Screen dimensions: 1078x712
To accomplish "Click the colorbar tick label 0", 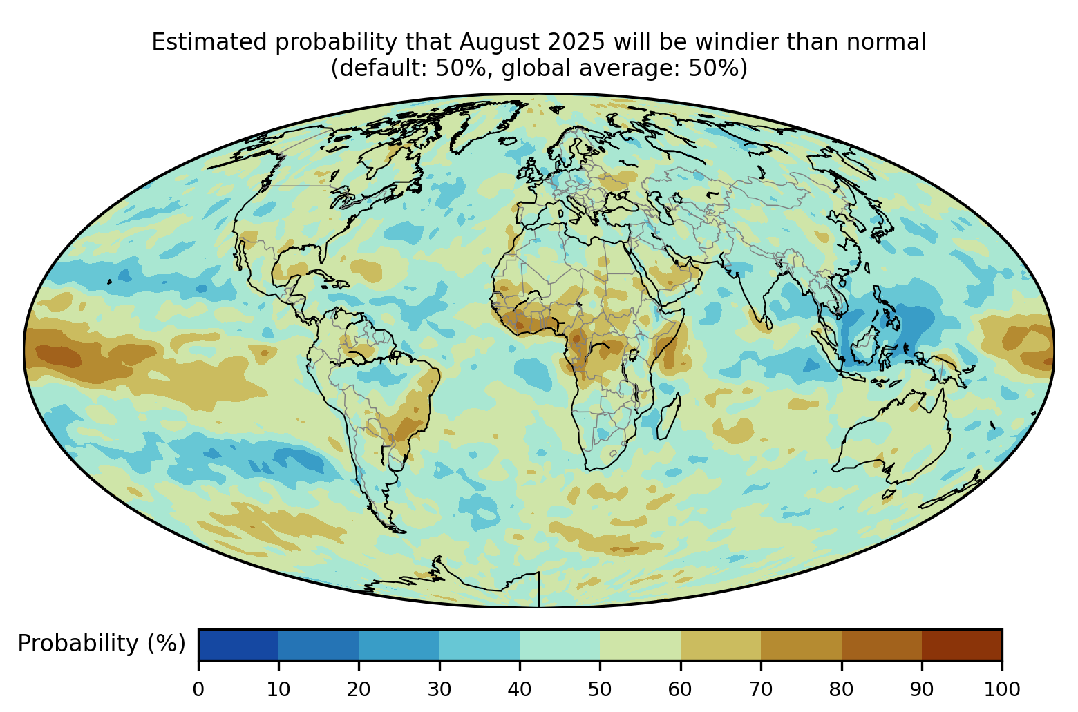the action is pyautogui.click(x=198, y=690).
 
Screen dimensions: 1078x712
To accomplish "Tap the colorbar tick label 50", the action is pyautogui.click(x=600, y=690).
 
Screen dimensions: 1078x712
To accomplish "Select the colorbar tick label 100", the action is pyautogui.click(x=1002, y=690).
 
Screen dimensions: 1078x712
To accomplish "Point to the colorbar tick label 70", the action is pyautogui.click(x=760, y=690).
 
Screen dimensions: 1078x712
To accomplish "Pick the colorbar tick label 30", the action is pyautogui.click(x=439, y=690).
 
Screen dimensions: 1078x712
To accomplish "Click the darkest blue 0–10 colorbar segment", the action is pyautogui.click(x=238, y=644).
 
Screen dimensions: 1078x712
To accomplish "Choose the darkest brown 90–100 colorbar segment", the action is pyautogui.click(x=962, y=644).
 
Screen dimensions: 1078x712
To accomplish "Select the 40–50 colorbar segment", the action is pyautogui.click(x=560, y=644).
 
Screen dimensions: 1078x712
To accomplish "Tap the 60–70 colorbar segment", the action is pyautogui.click(x=721, y=644).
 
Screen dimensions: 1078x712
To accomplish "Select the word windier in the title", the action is pyautogui.click(x=737, y=42).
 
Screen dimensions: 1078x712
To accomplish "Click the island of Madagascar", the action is pyautogui.click(x=669, y=416).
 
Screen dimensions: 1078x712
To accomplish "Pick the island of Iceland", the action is pyautogui.click(x=509, y=141).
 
